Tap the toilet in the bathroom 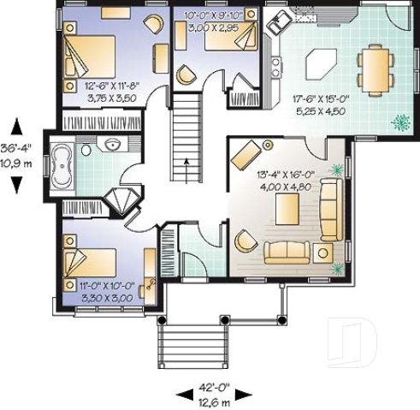coord(86,151)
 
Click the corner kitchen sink coord(279,24)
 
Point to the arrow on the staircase coord(186,163)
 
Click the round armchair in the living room coord(245,242)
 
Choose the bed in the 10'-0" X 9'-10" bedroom coord(237,37)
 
